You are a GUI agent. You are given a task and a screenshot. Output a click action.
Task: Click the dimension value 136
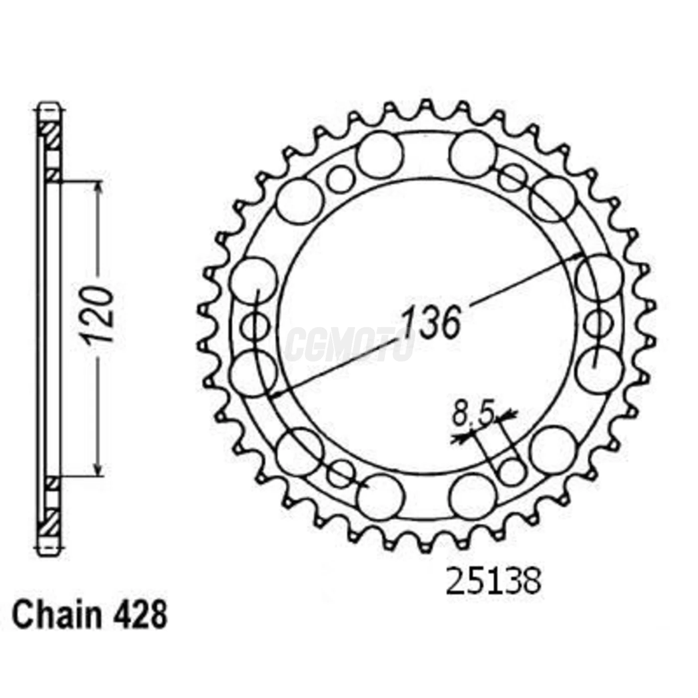(431, 323)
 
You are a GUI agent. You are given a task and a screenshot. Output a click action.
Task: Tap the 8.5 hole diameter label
(473, 415)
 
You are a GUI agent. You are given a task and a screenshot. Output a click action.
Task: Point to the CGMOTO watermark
(349, 344)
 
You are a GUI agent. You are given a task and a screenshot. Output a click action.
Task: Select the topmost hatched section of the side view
(50, 135)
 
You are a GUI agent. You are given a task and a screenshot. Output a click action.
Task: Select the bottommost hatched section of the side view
(50, 523)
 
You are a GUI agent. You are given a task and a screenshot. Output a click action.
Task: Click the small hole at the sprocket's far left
(255, 327)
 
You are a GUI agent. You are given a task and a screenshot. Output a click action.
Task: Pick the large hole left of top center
(379, 155)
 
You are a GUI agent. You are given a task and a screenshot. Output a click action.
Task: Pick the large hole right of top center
(472, 154)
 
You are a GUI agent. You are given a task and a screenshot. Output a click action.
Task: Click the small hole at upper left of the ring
(341, 179)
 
